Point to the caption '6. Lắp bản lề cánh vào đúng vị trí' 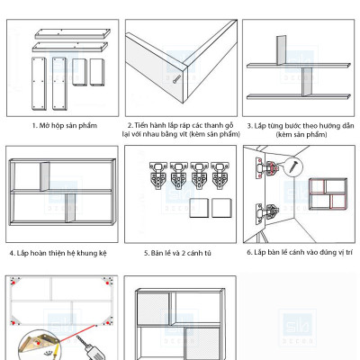pyautogui.click(x=301, y=253)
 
